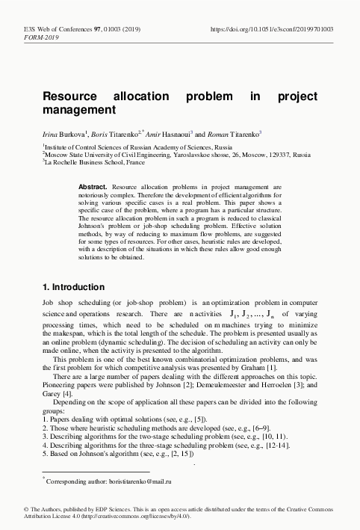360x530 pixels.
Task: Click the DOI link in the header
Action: [x=273, y=28]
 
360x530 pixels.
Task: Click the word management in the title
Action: [x=79, y=110]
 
